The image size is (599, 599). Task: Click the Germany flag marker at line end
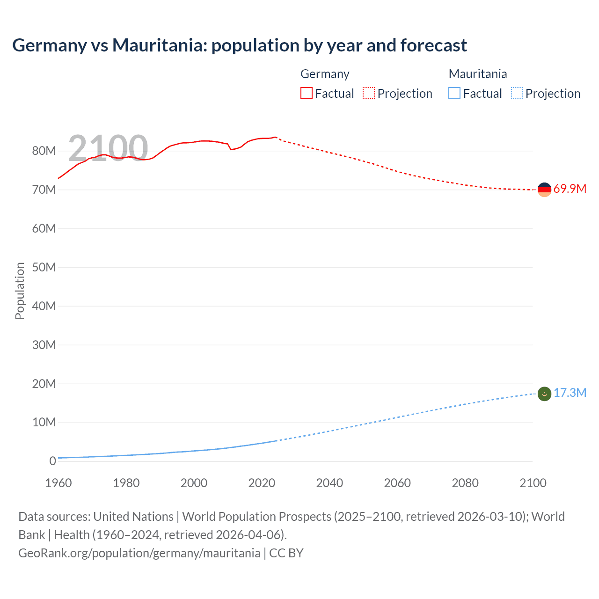click(544, 190)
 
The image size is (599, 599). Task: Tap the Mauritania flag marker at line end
click(544, 394)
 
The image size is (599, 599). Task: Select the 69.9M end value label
click(570, 189)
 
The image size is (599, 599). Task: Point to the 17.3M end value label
click(570, 393)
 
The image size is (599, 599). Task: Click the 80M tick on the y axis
click(44, 151)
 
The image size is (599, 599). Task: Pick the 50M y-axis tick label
click(44, 267)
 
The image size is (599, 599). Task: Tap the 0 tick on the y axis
click(52, 461)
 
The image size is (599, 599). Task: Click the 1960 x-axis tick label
click(58, 483)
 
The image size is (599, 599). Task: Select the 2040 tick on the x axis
click(329, 483)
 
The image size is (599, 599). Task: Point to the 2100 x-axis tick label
click(533, 483)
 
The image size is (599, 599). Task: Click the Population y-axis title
click(20, 291)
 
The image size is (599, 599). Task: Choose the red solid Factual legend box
click(307, 93)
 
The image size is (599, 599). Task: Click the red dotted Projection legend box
click(369, 93)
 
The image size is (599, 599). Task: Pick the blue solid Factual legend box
click(454, 93)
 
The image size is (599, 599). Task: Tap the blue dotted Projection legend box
click(517, 93)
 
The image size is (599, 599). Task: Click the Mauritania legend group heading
click(477, 74)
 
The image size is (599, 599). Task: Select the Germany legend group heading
click(325, 74)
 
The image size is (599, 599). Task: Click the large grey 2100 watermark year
click(108, 148)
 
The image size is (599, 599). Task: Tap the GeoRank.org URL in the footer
click(139, 553)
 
